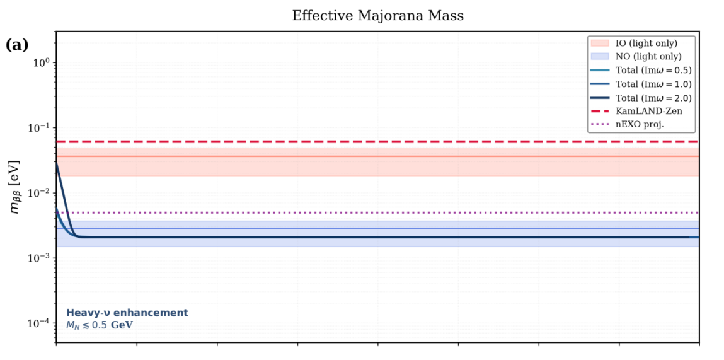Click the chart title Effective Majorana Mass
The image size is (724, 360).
pos(377,16)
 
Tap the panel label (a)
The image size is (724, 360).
pos(16,45)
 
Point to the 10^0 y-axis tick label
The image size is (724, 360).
pos(42,63)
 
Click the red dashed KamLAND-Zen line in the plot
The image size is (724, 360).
pos(315,142)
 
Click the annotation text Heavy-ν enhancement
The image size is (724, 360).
pos(127,313)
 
